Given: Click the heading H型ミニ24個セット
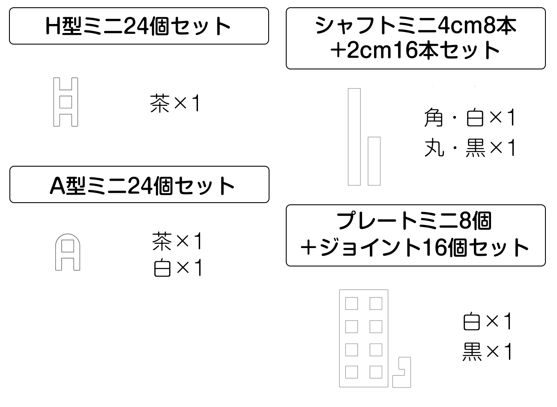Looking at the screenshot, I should coord(139,26).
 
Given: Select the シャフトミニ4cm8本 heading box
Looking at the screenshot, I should coord(416,38).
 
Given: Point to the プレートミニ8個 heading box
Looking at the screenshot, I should coord(416,235).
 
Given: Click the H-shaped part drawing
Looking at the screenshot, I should coord(66,102).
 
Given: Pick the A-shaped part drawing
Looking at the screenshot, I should coord(68,252).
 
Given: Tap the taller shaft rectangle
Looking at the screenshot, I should coord(354,137).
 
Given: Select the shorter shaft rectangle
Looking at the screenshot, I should coord(374,161).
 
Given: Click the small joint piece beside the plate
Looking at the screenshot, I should coord(402,372).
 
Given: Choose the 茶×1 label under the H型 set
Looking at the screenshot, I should coord(175,104).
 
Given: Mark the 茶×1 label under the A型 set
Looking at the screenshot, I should coord(177,242).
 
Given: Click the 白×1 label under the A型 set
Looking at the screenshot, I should coord(177,268).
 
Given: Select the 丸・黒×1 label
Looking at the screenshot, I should coord(470,148).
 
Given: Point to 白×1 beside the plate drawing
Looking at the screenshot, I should coord(488,321).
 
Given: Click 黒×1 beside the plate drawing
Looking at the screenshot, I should coord(488,352).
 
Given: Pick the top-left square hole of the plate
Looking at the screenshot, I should coord(351,304).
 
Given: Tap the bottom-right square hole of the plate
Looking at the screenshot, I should coord(376,371).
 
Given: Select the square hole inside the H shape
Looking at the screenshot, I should coord(66,102).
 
